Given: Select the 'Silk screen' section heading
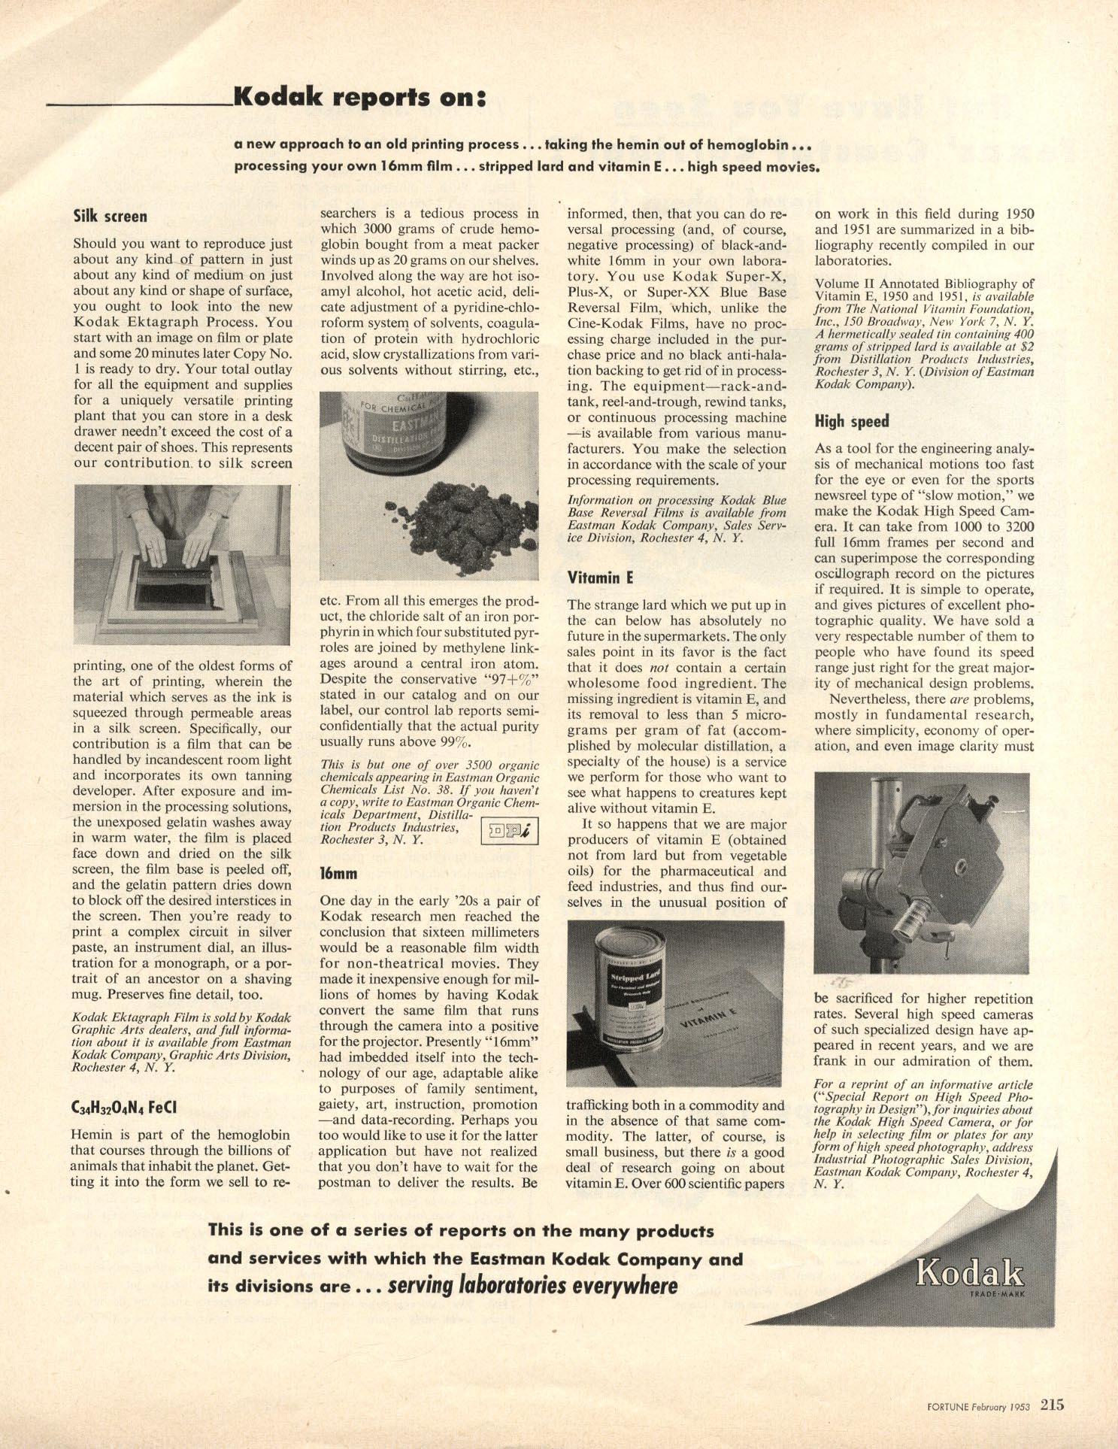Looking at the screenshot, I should [110, 217].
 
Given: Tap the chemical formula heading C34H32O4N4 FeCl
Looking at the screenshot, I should [124, 1108].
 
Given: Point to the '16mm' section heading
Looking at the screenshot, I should [338, 874].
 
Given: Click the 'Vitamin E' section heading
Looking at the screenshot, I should [600, 577].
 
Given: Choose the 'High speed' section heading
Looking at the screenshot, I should [852, 421].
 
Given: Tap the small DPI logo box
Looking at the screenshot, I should [509, 831].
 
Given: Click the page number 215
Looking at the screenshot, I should [1052, 1405].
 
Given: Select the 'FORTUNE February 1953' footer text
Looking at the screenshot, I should [977, 1406].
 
